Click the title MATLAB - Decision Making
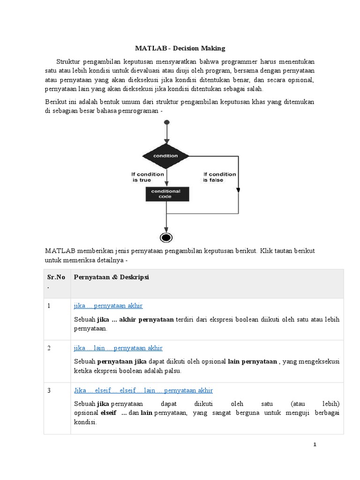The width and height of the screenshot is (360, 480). (180, 48)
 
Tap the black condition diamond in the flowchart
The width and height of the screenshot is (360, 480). (166, 156)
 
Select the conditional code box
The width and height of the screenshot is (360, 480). (165, 194)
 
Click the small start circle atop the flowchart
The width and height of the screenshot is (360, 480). (166, 123)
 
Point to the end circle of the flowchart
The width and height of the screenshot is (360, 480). (166, 237)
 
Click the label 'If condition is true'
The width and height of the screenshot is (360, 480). (148, 177)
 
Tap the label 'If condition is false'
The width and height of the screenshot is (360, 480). (219, 177)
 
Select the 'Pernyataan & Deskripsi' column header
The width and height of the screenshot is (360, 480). (111, 277)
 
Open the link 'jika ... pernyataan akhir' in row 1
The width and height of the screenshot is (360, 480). (108, 306)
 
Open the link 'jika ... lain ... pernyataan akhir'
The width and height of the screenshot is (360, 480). (118, 348)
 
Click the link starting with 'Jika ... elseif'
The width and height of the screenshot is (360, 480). (143, 390)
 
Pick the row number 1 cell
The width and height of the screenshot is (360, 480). (49, 306)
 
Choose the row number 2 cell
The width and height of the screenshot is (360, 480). (49, 348)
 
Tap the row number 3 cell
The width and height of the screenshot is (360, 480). (49, 390)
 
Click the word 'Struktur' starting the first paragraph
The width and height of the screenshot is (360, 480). (68, 62)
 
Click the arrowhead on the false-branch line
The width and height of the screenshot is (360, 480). (238, 190)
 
